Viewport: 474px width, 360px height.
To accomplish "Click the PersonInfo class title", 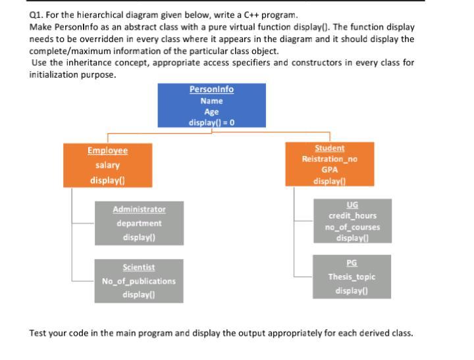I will [x=211, y=90].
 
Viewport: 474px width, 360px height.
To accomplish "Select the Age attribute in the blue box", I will [x=211, y=112].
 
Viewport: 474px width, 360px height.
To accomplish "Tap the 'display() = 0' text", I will [x=211, y=122].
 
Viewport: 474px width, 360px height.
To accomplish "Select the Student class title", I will [x=329, y=149].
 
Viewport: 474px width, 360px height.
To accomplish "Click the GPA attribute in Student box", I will [x=329, y=170].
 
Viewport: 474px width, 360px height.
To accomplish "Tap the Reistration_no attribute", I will [x=329, y=159].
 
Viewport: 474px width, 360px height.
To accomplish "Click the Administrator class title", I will [x=140, y=209].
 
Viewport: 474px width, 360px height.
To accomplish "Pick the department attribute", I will [x=140, y=223].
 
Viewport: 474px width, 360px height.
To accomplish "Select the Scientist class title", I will [x=139, y=267].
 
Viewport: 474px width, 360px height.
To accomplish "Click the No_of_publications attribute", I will [x=139, y=281].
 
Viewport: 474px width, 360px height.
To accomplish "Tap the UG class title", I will [x=352, y=205].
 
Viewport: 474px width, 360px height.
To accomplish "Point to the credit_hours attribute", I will [x=352, y=216].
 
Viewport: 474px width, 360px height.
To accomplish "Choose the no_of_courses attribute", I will [x=352, y=227].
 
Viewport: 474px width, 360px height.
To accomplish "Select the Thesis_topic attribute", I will [x=352, y=277].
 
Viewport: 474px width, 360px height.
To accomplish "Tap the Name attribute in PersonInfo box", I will [x=211, y=101].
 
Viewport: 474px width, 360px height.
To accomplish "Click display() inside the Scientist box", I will [x=139, y=295].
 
